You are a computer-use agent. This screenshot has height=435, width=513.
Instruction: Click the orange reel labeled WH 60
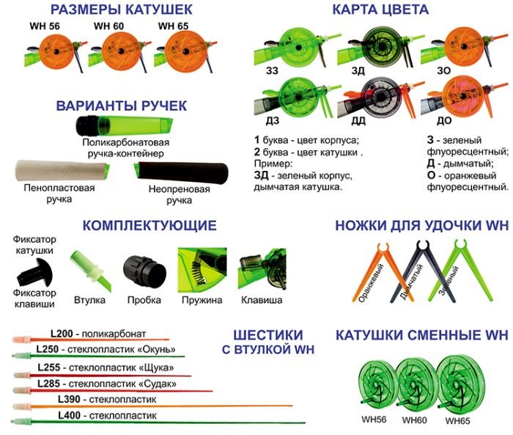pyautogui.click(x=120, y=51)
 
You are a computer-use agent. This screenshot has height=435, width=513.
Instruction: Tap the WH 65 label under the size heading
pyautogui.click(x=173, y=26)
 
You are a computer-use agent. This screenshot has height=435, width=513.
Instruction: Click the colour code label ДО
pyautogui.click(x=444, y=121)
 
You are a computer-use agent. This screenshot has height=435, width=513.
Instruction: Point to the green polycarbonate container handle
pyautogui.click(x=125, y=125)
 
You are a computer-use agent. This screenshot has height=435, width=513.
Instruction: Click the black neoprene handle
pyautogui.click(x=181, y=172)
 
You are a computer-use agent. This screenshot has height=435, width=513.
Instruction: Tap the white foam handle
pyautogui.click(x=62, y=170)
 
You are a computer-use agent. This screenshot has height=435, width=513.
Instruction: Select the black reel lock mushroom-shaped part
pyautogui.click(x=34, y=272)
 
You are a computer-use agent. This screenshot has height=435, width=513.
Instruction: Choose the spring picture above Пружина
pyautogui.click(x=202, y=270)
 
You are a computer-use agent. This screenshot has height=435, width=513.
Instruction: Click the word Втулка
pyautogui.click(x=89, y=300)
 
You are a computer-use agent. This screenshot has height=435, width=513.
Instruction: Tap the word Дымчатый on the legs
pyautogui.click(x=411, y=282)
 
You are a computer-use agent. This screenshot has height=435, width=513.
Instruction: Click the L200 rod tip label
pyautogui.click(x=62, y=334)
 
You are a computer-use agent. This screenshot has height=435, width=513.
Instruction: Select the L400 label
pyautogui.click(x=69, y=415)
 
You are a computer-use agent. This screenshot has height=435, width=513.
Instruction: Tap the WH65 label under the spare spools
pyautogui.click(x=457, y=421)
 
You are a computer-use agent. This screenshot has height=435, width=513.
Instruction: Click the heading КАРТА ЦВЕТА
pyautogui.click(x=380, y=10)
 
